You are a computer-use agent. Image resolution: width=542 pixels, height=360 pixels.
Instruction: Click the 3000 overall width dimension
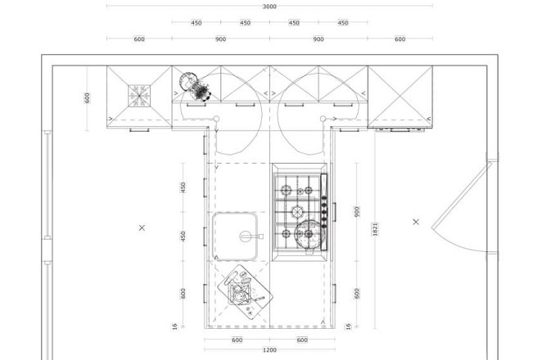pyautogui.click(x=269, y=7)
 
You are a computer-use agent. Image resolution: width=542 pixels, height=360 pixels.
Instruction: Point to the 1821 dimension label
pyautogui.click(x=375, y=229)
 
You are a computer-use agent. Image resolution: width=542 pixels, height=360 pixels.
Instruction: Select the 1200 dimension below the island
pyautogui.click(x=269, y=350)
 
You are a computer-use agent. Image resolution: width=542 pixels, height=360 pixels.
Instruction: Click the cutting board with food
pyautogui.click(x=245, y=291)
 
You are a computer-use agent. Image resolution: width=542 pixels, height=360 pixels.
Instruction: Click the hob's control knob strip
pyautogui.click(x=324, y=212)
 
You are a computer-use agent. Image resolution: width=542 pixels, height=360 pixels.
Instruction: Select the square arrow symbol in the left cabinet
pyautogui.click(x=139, y=96)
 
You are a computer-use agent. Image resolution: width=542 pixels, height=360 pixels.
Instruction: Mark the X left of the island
pyautogui.click(x=142, y=227)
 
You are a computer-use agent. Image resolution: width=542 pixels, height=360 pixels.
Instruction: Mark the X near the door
pyautogui.click(x=416, y=222)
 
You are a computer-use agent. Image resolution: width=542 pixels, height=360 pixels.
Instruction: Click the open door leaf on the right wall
pyautogui.click(x=462, y=196)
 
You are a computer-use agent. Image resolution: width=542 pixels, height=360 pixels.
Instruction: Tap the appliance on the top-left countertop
pyautogui.click(x=196, y=87)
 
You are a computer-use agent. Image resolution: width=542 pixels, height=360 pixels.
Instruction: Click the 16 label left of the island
pyautogui.click(x=174, y=326)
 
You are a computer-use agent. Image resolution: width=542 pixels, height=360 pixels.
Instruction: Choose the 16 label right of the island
pyautogui.click(x=349, y=326)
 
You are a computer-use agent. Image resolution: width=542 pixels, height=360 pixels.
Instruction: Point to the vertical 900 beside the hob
pyautogui.click(x=357, y=212)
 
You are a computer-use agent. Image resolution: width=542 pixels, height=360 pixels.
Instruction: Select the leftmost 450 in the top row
pyautogui.click(x=196, y=23)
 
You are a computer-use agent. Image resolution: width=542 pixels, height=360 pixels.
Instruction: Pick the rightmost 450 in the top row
pyautogui.click(x=343, y=23)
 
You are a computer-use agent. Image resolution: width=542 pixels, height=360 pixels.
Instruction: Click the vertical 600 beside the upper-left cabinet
pyautogui.click(x=87, y=98)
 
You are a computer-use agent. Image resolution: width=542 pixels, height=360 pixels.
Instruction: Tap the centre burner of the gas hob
pyautogui.click(x=297, y=212)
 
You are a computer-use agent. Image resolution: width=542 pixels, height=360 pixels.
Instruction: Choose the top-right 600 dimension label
pyautogui.click(x=400, y=39)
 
